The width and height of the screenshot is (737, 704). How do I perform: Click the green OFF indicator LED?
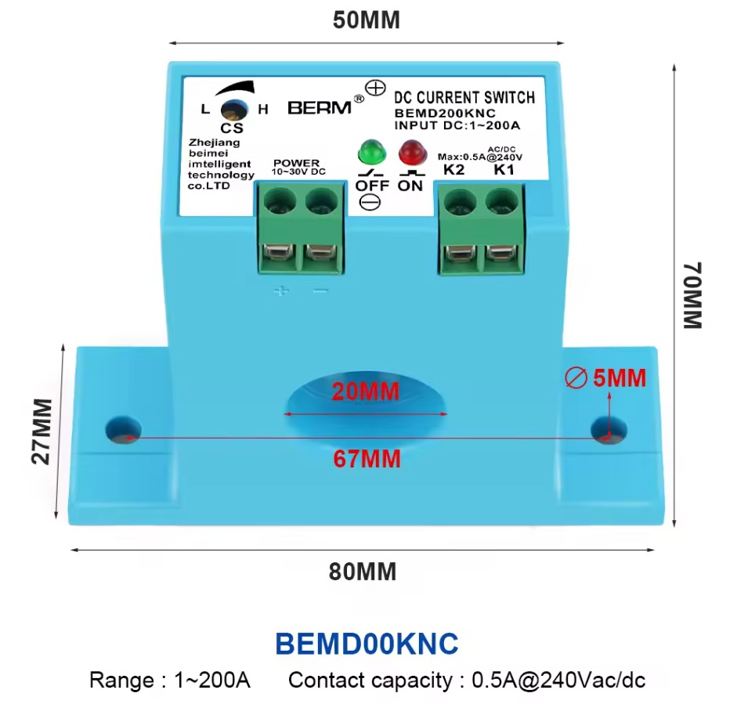point(372,151)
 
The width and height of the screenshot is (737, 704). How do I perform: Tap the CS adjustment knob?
point(234,110)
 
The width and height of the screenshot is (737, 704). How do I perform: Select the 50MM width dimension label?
point(366,20)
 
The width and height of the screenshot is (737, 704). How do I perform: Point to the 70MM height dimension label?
point(692,295)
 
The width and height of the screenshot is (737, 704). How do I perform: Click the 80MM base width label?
point(363,572)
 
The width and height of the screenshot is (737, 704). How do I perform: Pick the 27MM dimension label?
point(42,431)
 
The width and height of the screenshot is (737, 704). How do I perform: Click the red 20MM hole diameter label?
point(366,391)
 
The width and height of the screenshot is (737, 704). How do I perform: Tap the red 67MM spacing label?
point(367,459)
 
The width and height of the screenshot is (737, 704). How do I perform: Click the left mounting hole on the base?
point(123,430)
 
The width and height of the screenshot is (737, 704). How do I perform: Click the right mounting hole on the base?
point(609,430)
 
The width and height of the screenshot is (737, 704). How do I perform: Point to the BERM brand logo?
point(320,107)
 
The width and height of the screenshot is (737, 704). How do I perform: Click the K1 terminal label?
point(504,169)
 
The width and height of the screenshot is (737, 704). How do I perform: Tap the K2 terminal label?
point(453,169)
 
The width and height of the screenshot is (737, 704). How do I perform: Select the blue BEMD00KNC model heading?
point(367,644)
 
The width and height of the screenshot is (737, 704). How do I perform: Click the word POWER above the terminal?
point(297,163)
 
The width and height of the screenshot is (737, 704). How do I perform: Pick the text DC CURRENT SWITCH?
point(464,97)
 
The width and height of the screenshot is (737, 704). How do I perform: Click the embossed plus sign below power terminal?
point(281,291)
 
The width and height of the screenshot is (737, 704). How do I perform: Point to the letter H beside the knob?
point(263,110)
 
